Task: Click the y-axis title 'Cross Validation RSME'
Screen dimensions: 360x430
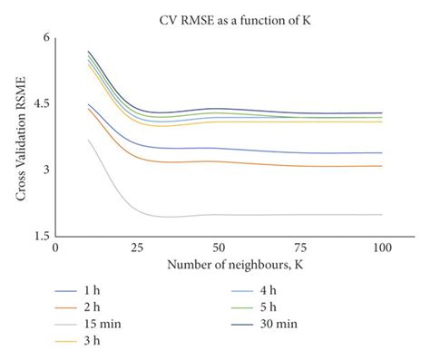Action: point(20,136)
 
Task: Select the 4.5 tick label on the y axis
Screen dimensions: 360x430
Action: point(39,103)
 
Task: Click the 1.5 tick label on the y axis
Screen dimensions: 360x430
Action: point(39,236)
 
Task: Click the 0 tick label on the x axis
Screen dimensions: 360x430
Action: point(55,247)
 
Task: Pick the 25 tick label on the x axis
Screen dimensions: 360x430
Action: point(137,247)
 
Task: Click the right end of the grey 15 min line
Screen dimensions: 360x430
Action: point(381,215)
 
